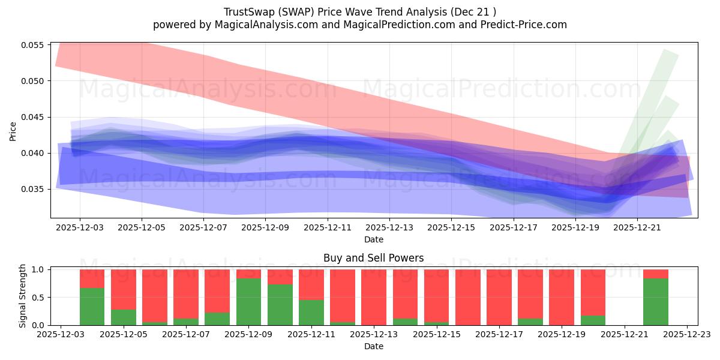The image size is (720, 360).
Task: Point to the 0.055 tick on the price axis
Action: pyautogui.click(x=34, y=45)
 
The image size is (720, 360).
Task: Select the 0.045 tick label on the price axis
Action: pyautogui.click(x=34, y=117)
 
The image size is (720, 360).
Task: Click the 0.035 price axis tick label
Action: pyautogui.click(x=34, y=189)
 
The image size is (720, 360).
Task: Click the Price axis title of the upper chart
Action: pyautogui.click(x=13, y=130)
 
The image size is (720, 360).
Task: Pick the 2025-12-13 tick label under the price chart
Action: pyautogui.click(x=389, y=228)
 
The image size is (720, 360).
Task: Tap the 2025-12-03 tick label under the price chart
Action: pyautogui.click(x=80, y=228)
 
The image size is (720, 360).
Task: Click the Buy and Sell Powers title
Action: pyautogui.click(x=373, y=258)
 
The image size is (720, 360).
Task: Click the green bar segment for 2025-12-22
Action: pyautogui.click(x=655, y=302)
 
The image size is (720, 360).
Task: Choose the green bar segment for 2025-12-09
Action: pyautogui.click(x=248, y=302)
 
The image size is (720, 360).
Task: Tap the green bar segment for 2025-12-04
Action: pyautogui.click(x=92, y=307)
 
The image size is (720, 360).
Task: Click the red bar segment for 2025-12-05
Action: pyautogui.click(x=123, y=289)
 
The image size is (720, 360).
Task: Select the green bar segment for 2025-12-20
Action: pyautogui.click(x=593, y=320)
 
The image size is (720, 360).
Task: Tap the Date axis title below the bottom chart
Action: pyautogui.click(x=373, y=346)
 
